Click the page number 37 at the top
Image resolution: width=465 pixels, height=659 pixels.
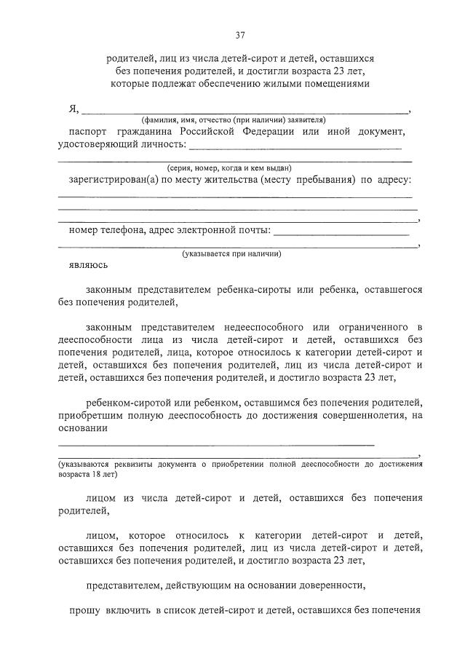pyautogui.click(x=239, y=35)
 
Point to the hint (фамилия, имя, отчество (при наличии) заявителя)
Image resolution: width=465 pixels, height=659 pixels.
pyautogui.click(x=234, y=119)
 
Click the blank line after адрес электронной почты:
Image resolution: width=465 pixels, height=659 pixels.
pyautogui.click(x=341, y=233)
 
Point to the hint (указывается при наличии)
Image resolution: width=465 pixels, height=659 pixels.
pyautogui.click(x=231, y=254)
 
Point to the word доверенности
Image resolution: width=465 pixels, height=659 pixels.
pyautogui.click(x=325, y=585)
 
